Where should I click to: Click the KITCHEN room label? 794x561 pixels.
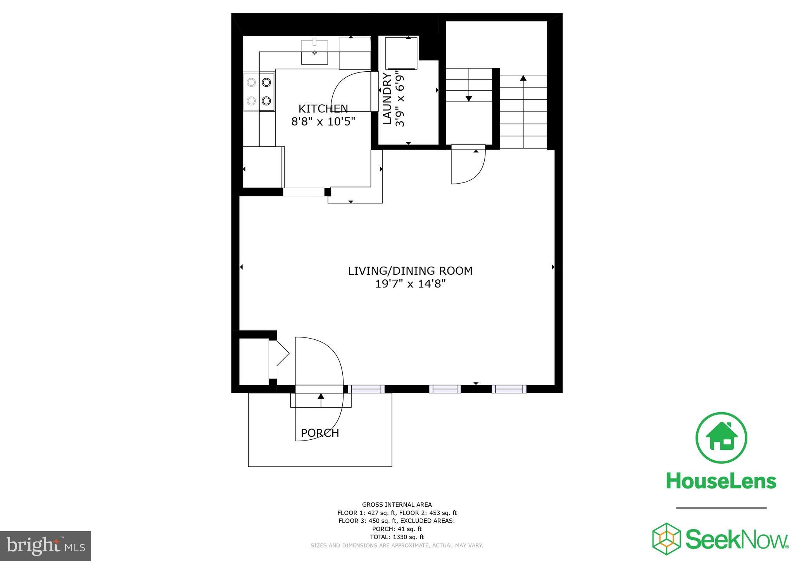click(323, 108)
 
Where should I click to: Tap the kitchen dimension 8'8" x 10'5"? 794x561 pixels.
click(323, 122)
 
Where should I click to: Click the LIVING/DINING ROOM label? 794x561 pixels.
click(410, 271)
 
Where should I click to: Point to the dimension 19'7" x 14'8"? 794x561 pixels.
click(410, 284)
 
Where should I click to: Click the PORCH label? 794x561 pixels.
click(320, 433)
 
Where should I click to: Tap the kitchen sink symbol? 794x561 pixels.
click(314, 52)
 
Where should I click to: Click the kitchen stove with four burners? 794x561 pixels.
click(259, 91)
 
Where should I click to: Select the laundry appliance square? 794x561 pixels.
click(401, 53)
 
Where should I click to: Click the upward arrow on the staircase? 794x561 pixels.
click(523, 78)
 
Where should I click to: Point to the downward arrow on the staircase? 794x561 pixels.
click(469, 98)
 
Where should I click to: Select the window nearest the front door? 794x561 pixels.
click(366, 389)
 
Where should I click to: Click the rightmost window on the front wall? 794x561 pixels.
click(509, 389)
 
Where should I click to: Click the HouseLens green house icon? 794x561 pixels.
click(721, 437)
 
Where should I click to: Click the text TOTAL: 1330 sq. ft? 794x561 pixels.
click(397, 537)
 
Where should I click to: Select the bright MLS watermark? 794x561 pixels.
click(45, 546)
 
